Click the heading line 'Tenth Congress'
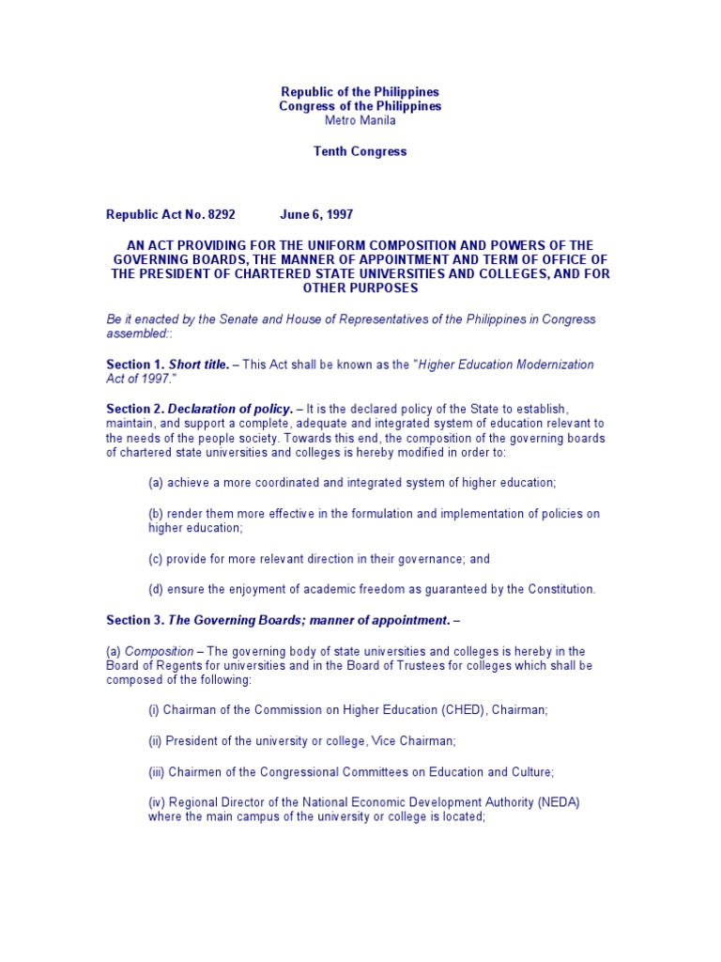[360, 151]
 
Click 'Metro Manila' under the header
[360, 121]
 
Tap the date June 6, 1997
[316, 215]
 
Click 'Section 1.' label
[135, 365]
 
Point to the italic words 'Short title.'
[199, 365]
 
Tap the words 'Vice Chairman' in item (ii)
[414, 741]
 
